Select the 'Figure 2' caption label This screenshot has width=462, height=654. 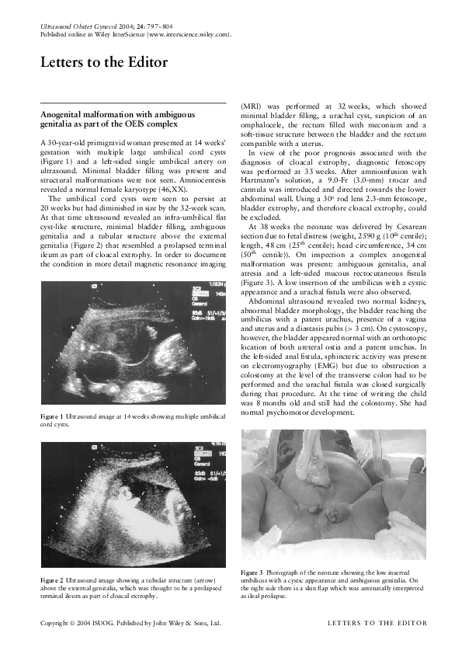[x=52, y=579]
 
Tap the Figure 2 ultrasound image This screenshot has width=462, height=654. [x=130, y=504]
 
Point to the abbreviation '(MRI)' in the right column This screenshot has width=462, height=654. [x=252, y=103]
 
